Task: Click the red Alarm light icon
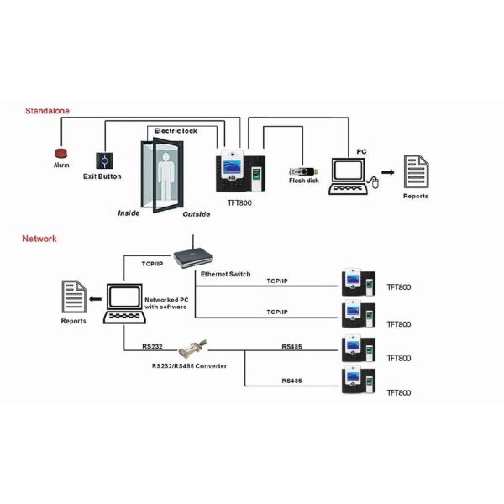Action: (61, 154)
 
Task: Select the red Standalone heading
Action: (48, 110)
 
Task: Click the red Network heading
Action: (39, 239)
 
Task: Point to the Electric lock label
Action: (175, 131)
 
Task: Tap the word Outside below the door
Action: (198, 214)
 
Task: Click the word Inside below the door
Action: (129, 213)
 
